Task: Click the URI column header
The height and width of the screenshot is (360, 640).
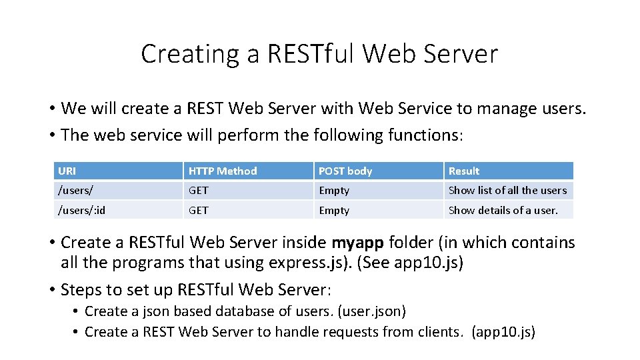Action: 67,171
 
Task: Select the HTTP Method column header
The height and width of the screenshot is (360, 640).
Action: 223,171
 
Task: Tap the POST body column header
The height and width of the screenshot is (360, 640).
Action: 345,171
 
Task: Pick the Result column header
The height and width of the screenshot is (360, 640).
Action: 464,171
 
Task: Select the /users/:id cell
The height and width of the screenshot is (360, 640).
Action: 81,211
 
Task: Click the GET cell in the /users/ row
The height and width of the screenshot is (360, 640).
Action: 199,191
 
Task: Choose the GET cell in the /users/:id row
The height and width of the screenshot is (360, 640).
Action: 199,211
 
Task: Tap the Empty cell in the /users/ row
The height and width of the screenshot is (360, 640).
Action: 334,191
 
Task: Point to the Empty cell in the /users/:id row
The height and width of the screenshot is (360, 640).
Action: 334,211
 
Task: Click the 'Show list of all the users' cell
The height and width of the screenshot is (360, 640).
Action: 507,191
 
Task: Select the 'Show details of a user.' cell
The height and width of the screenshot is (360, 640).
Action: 503,211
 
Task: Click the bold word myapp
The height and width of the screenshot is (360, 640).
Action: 357,243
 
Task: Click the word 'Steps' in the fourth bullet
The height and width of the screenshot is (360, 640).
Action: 79,290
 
